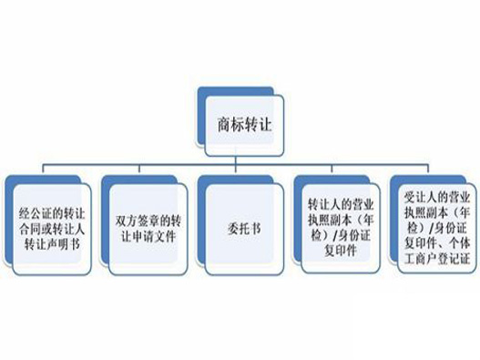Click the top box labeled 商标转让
click(x=239, y=118)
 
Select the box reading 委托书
click(x=239, y=219)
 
